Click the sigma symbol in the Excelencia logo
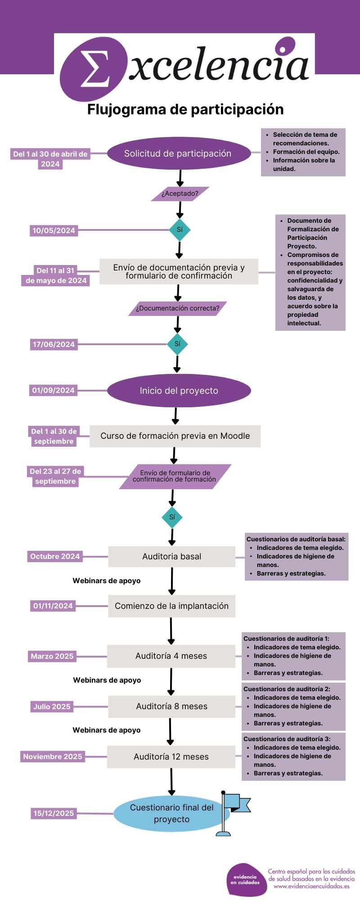(94, 68)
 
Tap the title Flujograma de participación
(185, 109)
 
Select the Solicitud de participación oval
(178, 153)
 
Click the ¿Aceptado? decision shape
(180, 193)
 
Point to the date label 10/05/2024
(54, 230)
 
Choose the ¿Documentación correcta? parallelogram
(178, 308)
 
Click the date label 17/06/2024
(54, 344)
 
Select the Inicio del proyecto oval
(179, 391)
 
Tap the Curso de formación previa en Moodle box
(175, 436)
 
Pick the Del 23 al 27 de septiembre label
(55, 476)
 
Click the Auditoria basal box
(172, 557)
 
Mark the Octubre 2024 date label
(55, 557)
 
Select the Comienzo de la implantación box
(172, 606)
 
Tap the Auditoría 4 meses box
(171, 656)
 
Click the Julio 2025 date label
(52, 706)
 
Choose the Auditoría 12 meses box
(171, 757)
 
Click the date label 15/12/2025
(54, 813)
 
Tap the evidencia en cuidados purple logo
(246, 879)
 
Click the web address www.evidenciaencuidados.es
(311, 886)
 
